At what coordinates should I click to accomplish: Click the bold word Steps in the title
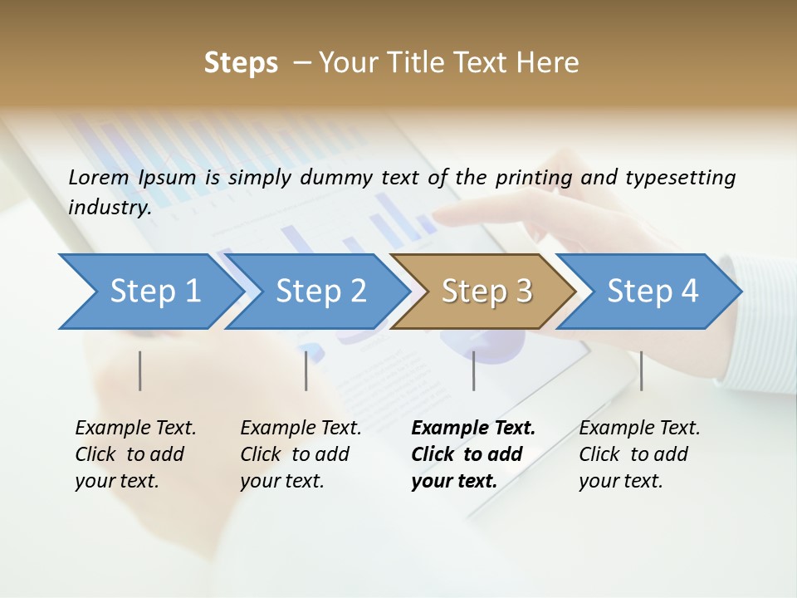[241, 63]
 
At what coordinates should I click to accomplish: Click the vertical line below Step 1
[140, 370]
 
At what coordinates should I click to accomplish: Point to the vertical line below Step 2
[306, 370]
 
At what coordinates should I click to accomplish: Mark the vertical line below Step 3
[474, 370]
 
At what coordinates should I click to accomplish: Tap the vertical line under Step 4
[641, 370]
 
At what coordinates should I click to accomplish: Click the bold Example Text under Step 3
[473, 429]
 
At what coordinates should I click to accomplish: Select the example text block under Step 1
[135, 454]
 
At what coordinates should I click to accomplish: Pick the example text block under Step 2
[301, 454]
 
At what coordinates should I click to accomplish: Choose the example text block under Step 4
[639, 454]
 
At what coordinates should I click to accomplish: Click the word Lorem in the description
[99, 177]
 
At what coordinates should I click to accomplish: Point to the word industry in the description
[109, 208]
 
